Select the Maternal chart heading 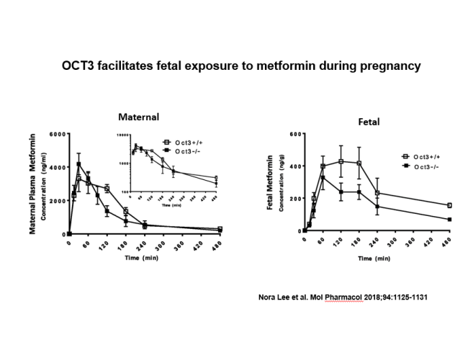click(x=139, y=116)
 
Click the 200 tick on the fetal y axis click(x=294, y=198)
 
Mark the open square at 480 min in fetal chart click(x=449, y=205)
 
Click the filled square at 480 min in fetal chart click(x=449, y=220)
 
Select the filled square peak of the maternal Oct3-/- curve click(x=78, y=164)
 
